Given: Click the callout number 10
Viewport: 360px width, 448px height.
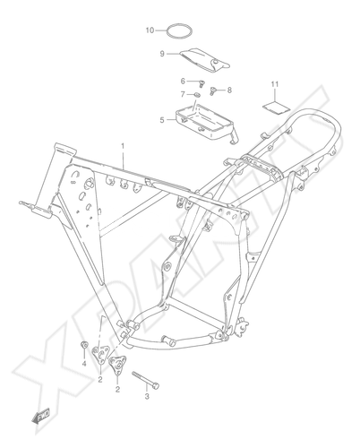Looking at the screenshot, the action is pyautogui.click(x=150, y=30).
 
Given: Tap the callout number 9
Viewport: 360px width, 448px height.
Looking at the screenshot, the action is pyautogui.click(x=162, y=54).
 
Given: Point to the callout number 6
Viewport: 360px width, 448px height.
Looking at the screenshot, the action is pyautogui.click(x=183, y=81).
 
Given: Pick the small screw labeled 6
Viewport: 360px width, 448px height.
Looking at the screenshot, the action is pyautogui.click(x=202, y=83).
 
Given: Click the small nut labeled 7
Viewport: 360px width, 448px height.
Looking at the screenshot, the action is pyautogui.click(x=196, y=95).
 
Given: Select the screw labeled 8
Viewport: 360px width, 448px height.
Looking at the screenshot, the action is pyautogui.click(x=213, y=90).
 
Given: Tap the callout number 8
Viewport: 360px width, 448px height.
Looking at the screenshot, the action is pyautogui.click(x=229, y=90).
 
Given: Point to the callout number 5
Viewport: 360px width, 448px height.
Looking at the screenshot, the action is pyautogui.click(x=162, y=120).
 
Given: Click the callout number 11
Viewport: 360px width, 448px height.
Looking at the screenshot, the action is pyautogui.click(x=275, y=84).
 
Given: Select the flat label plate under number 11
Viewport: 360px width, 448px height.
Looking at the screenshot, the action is pyautogui.click(x=277, y=108).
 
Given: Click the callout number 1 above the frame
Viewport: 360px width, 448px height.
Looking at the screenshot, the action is pyautogui.click(x=123, y=146).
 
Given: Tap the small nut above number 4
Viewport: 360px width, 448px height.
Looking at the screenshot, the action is pyautogui.click(x=84, y=345).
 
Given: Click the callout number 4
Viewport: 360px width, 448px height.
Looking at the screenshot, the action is pyautogui.click(x=84, y=364).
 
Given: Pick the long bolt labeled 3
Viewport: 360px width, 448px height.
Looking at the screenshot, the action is pyautogui.click(x=146, y=380).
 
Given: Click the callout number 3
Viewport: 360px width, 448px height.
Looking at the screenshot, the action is pyautogui.click(x=147, y=397).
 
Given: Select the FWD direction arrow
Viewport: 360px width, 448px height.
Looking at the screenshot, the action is pyautogui.click(x=41, y=416).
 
